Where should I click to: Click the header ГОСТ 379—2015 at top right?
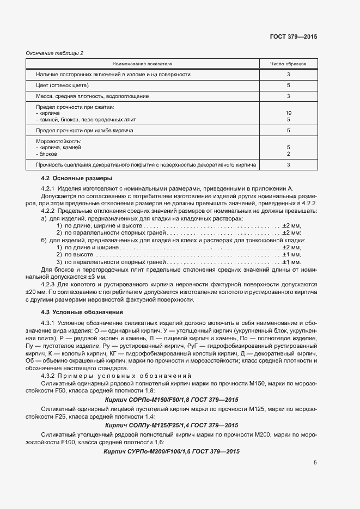click(294, 36)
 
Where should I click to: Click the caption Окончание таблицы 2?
click(55, 53)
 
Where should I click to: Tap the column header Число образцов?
click(288, 64)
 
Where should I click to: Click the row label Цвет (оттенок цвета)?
click(62, 85)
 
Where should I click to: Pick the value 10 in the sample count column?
click(288, 113)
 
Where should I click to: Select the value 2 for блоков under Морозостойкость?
click(288, 154)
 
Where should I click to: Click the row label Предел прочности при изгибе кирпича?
click(84, 131)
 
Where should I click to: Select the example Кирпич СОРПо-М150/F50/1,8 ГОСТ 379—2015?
click(171, 399)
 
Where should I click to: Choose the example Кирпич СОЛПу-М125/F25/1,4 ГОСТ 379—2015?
click(171, 425)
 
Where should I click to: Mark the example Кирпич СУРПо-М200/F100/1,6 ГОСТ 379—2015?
click(171, 452)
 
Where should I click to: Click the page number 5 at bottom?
click(315, 463)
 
